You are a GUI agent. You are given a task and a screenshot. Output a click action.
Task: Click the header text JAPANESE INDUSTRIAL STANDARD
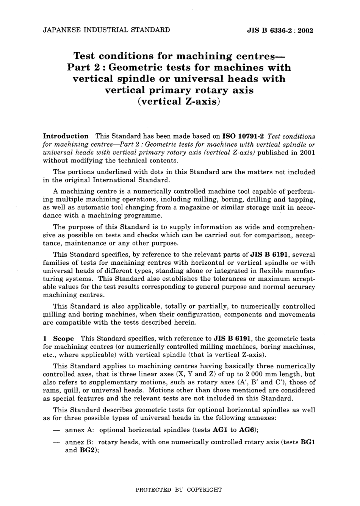[x=106, y=30]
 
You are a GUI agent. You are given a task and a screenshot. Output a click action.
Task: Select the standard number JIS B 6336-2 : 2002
[x=280, y=31]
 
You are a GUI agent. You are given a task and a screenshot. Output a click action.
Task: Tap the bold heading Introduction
[x=66, y=136]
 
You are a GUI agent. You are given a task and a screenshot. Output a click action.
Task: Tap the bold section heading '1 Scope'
[x=59, y=339]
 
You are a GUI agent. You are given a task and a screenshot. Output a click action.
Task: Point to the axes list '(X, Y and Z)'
[x=191, y=374]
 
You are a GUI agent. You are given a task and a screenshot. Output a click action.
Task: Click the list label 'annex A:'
[x=80, y=430]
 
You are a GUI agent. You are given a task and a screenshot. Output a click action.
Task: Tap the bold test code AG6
[x=247, y=430]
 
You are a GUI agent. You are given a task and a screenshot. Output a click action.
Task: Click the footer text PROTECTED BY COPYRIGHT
[x=178, y=490]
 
